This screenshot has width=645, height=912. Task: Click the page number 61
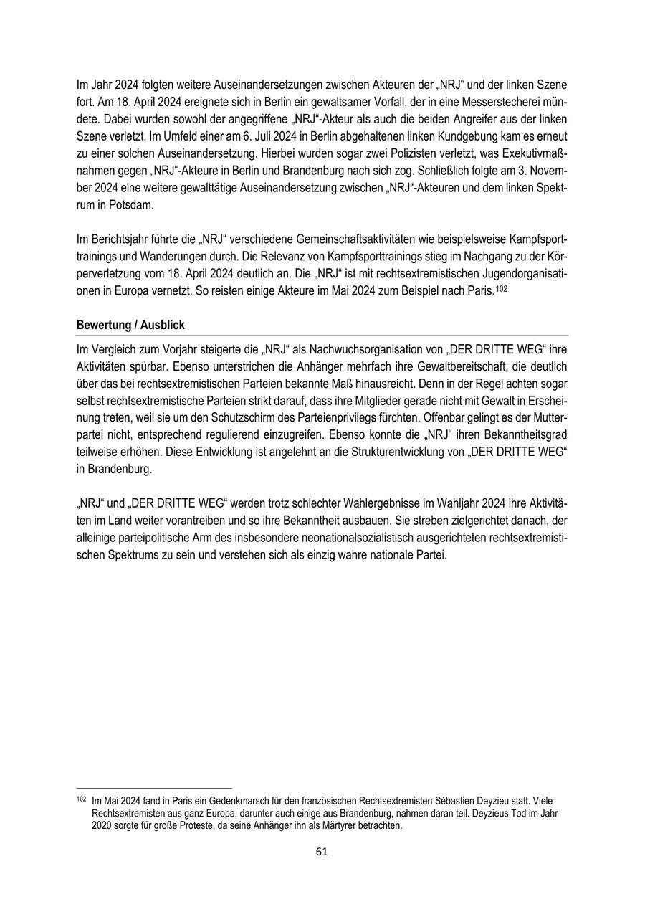pyautogui.click(x=322, y=852)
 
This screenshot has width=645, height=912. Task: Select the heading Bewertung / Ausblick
pyautogui.click(x=130, y=325)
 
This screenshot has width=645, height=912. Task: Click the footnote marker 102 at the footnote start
pyautogui.click(x=80, y=799)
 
